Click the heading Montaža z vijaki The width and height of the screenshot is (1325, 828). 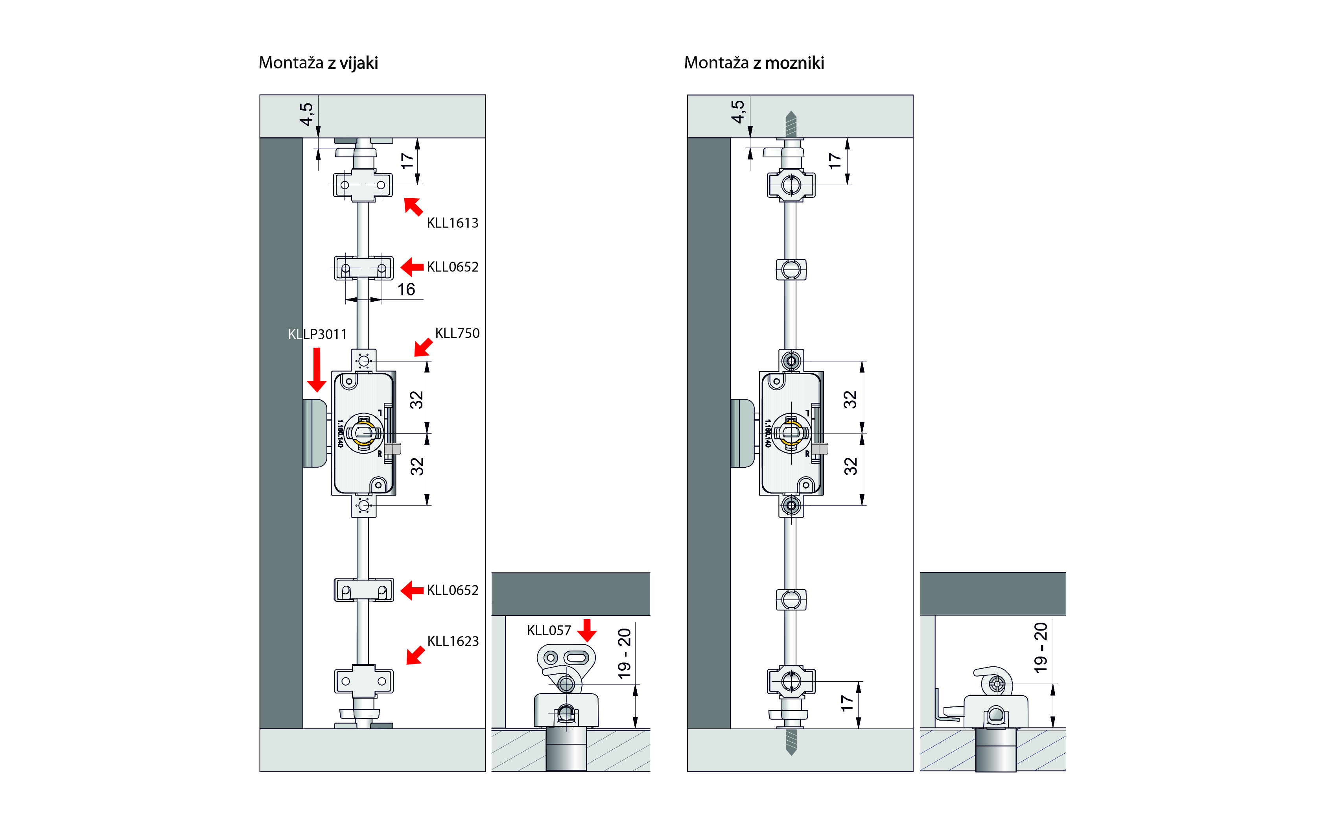[318, 63]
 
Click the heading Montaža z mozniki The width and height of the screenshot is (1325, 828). [754, 63]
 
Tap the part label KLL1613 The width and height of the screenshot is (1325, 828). [452, 223]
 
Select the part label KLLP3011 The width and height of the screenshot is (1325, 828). [317, 334]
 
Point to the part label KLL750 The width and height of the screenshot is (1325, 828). [457, 333]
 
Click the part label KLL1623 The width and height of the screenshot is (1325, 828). [453, 641]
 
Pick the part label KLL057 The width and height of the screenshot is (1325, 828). [549, 630]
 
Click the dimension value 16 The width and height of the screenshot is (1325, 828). [406, 289]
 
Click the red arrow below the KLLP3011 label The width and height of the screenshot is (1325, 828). [317, 370]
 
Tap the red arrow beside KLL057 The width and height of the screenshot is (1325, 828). [587, 630]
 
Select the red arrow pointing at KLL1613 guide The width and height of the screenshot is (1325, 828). [413, 207]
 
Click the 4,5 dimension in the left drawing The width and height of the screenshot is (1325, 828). [307, 114]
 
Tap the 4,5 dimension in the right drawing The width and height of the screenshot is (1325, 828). [738, 112]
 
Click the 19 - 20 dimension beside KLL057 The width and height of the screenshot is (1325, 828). [624, 654]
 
